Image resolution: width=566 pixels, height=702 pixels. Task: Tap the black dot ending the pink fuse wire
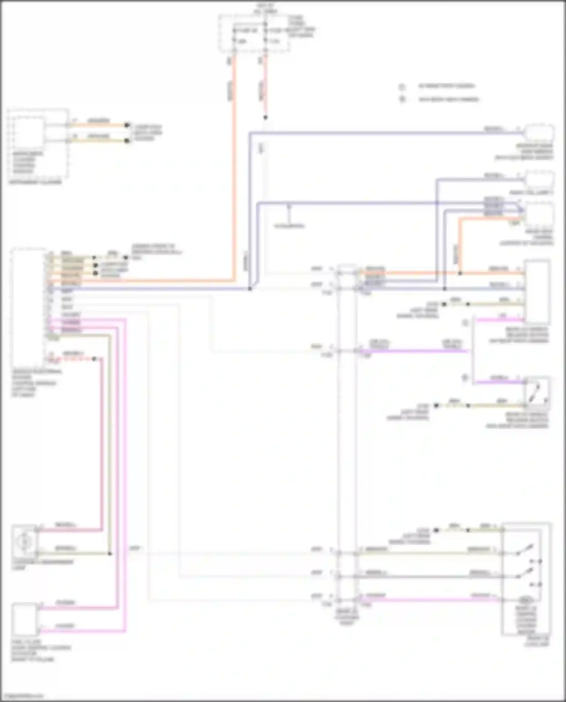click(x=265, y=118)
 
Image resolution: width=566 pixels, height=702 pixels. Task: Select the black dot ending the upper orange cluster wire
click(x=127, y=125)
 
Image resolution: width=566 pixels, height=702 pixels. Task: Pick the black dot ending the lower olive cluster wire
click(x=127, y=141)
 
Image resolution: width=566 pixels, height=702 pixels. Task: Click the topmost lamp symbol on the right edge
click(x=540, y=132)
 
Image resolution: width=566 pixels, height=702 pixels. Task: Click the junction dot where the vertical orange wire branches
click(x=460, y=273)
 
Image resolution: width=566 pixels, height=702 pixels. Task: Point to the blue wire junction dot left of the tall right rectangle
click(x=445, y=289)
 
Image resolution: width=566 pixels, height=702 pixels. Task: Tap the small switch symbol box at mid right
click(x=537, y=393)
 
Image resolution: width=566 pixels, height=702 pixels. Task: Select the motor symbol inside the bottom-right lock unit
click(x=524, y=599)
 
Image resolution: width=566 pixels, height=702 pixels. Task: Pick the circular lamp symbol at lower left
click(x=24, y=542)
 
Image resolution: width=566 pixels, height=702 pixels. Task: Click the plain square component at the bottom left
click(x=24, y=619)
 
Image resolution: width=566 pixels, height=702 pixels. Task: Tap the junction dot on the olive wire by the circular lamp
click(x=110, y=554)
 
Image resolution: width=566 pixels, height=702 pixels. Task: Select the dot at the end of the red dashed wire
click(x=95, y=359)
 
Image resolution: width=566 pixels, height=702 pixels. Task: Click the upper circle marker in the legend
click(x=402, y=87)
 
